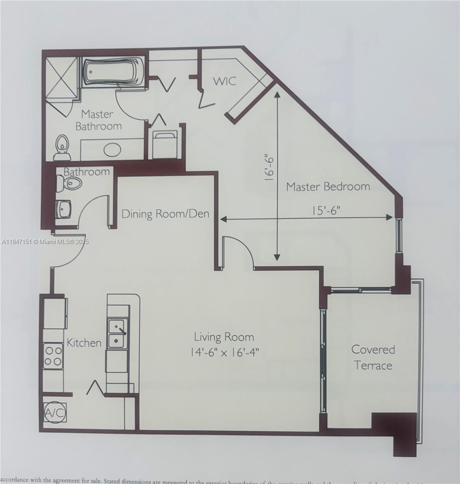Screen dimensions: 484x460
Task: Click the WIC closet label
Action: tap(224, 81)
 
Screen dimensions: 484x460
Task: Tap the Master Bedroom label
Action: tap(328, 187)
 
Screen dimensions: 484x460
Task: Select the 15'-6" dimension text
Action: tap(326, 210)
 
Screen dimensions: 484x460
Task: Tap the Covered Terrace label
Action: tap(373, 357)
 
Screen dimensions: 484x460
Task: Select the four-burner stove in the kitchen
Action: tap(53, 355)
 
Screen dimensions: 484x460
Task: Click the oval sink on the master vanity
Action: tap(112, 150)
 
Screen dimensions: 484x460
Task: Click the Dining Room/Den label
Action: tap(165, 213)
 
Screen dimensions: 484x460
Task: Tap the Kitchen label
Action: tap(84, 343)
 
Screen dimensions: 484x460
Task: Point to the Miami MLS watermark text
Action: tap(45, 242)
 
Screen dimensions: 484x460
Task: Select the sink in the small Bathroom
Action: tap(64, 209)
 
